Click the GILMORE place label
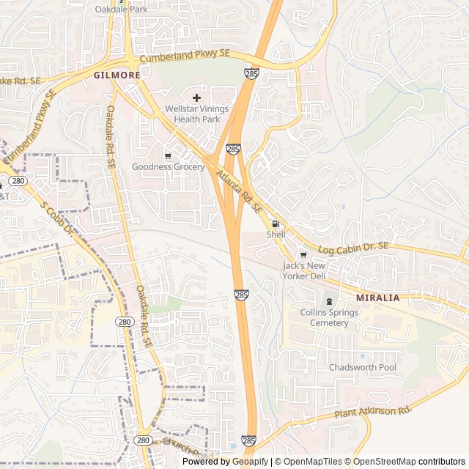coord(117,75)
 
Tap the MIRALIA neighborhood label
coord(377,298)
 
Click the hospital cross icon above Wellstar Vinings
coord(196,97)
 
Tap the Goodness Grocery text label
coord(168,166)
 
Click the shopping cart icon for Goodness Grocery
coord(168,155)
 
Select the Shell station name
coord(276,234)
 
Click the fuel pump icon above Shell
coord(276,224)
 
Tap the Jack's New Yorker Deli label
coord(304,270)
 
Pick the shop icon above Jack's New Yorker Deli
coord(304,254)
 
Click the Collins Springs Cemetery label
coord(329,318)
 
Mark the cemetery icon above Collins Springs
coord(328,301)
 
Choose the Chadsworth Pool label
coord(362,367)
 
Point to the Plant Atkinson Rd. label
coord(373,413)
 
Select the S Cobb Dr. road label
coord(59,219)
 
